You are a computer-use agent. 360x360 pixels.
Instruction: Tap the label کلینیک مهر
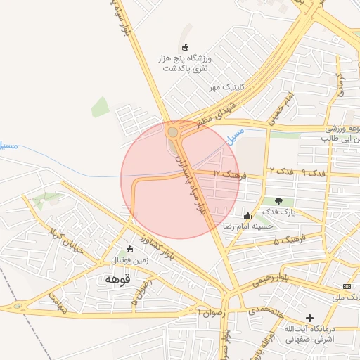tap(226, 87)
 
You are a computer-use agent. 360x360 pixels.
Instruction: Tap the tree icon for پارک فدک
tap(280, 201)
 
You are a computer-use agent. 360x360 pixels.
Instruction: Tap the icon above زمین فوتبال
tap(129, 248)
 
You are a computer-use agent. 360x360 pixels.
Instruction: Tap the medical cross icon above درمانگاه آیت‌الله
tap(309, 318)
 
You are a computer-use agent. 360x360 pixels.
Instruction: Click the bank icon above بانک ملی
tap(347, 286)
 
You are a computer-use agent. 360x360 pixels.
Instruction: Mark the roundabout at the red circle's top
tap(172, 131)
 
